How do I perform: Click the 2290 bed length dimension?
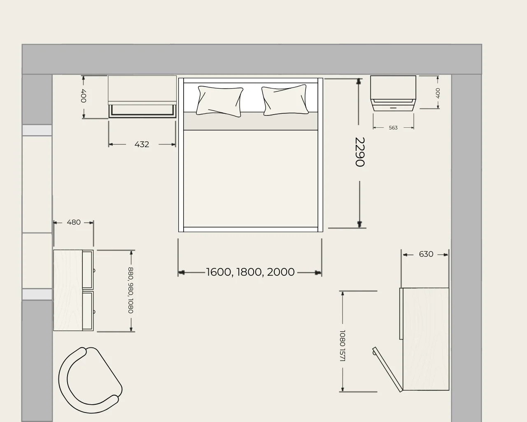coord(360,152)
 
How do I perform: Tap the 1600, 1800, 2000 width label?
coord(250,272)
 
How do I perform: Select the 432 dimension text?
coord(142,144)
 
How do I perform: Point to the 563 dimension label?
coord(393,128)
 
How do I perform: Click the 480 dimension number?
coord(73,223)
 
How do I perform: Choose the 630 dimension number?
coord(426,254)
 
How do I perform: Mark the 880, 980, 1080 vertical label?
coord(131,290)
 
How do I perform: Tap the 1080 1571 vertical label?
coord(343,345)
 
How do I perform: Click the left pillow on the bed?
coord(220,101)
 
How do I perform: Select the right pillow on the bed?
coord(285,100)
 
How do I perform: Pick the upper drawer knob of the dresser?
coord(94,271)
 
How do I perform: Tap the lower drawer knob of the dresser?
coord(94,312)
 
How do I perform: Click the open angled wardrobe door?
coord(387,369)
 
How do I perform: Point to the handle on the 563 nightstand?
coord(393,108)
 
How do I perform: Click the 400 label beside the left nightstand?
coord(84,96)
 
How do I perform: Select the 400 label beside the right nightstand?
coord(438,93)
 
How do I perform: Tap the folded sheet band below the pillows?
coord(250,121)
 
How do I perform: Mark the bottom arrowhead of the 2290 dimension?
coord(359,224)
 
